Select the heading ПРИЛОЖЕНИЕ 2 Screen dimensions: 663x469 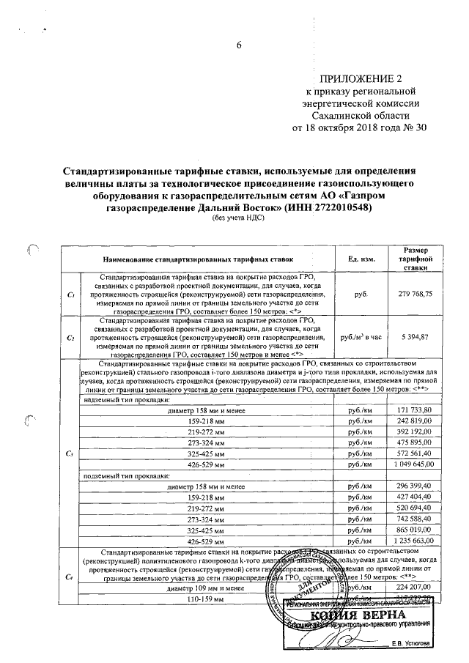[359, 79]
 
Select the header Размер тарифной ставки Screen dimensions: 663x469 [414, 259]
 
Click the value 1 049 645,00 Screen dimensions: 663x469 [415, 464]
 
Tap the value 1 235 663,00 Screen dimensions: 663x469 [415, 541]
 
